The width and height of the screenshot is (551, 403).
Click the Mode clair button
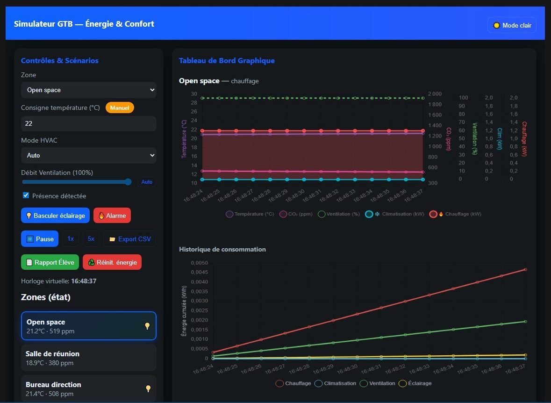[x=512, y=25]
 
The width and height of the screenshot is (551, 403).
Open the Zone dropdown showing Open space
[x=88, y=90]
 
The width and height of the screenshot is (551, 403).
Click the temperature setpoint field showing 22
[x=88, y=123]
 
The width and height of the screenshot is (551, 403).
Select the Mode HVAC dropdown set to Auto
[x=88, y=155]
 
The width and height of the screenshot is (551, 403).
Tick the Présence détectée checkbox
[x=26, y=195]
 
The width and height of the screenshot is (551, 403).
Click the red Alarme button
[x=112, y=216]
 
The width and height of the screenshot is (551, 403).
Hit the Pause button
[x=40, y=239]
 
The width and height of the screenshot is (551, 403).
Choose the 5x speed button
[x=91, y=239]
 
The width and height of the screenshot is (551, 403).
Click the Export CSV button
[x=129, y=239]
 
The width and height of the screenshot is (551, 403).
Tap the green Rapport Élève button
[x=50, y=262]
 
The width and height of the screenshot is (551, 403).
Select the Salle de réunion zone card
[x=88, y=358]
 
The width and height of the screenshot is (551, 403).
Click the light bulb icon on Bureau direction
[x=148, y=389]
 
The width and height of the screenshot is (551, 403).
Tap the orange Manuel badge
[x=120, y=108]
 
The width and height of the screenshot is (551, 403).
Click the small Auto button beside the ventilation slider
[x=147, y=182]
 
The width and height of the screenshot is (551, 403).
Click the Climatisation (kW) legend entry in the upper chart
[x=394, y=214]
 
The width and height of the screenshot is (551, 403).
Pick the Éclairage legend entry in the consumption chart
[x=415, y=383]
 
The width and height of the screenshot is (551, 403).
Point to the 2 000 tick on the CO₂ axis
[x=435, y=94]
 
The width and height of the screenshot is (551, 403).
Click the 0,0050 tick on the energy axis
[x=199, y=263]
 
